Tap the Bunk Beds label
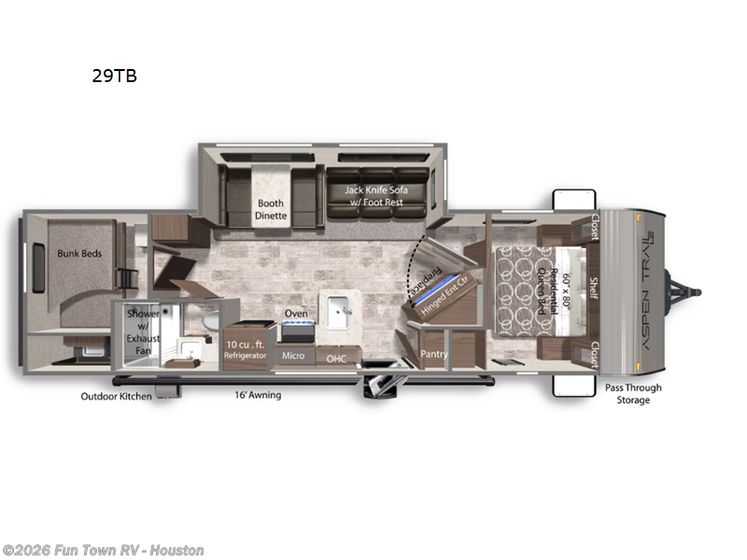coord(78,252)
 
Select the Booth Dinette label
coord(272,209)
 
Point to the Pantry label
coord(434,355)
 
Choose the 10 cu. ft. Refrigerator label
coord(246,349)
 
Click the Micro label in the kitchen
coord(293,356)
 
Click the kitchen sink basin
coord(339,308)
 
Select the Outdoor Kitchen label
coord(115,396)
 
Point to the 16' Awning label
coord(258,395)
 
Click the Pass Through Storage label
coord(632,394)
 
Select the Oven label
coord(296,314)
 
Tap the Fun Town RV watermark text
coord(103,551)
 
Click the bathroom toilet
coord(209,321)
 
